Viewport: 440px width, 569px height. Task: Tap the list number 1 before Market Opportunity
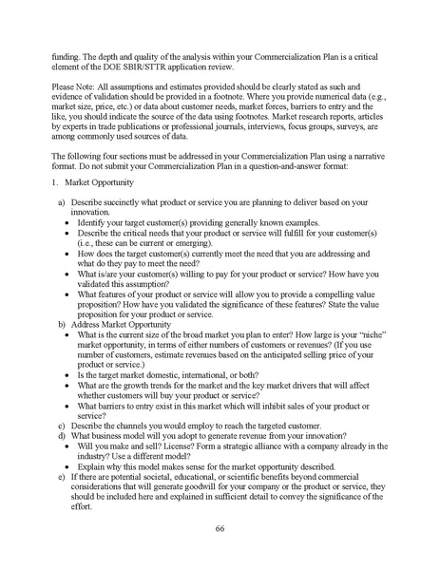56,180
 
